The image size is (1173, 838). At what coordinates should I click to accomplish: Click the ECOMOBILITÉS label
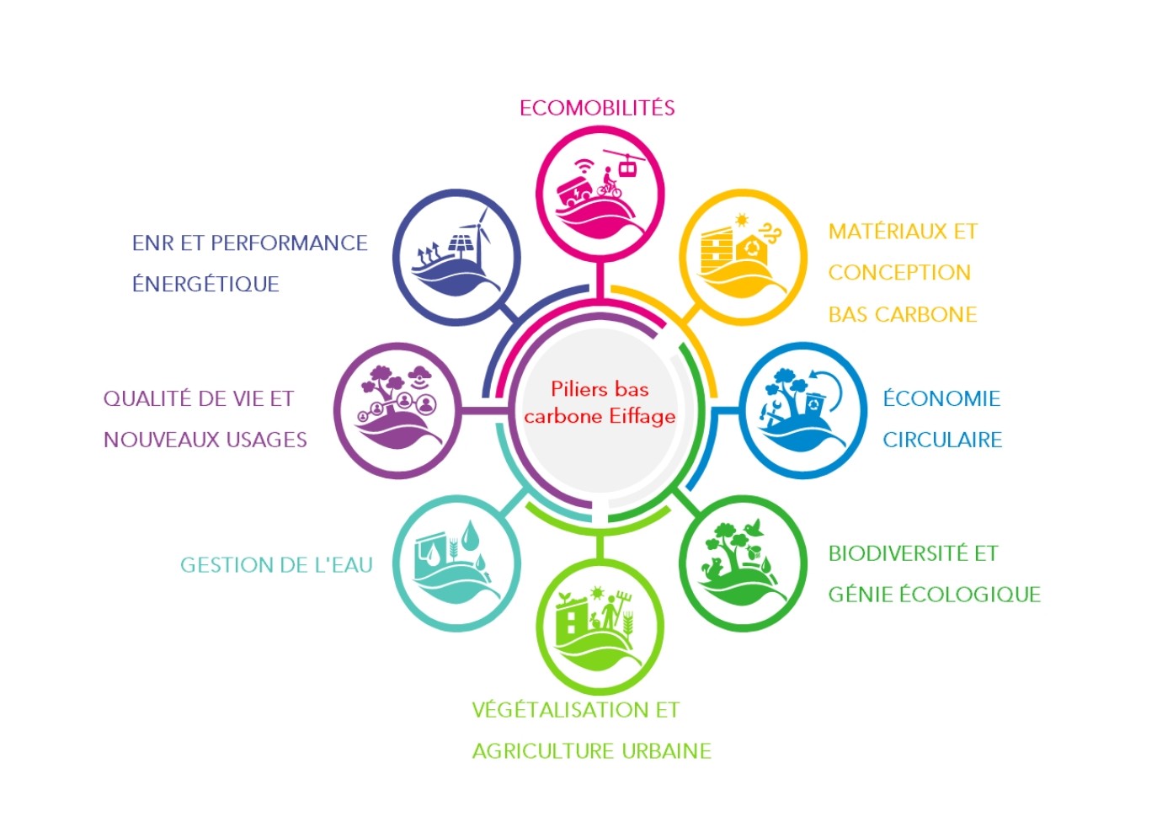597,108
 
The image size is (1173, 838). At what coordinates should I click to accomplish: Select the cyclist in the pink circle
609,183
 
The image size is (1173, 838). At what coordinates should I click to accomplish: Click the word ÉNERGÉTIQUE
205,284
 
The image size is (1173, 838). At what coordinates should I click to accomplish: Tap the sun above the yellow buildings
742,220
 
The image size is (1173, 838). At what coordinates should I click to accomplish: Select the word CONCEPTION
899,272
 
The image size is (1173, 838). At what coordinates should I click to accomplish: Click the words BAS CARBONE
903,314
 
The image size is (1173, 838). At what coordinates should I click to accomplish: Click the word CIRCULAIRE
942,440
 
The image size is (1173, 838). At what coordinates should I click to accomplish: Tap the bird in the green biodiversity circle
755,527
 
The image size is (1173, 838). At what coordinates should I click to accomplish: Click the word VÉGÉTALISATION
558,710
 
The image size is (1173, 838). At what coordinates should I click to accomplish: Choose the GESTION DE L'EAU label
276,565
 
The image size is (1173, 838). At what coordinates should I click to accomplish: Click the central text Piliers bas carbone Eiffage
600,403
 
